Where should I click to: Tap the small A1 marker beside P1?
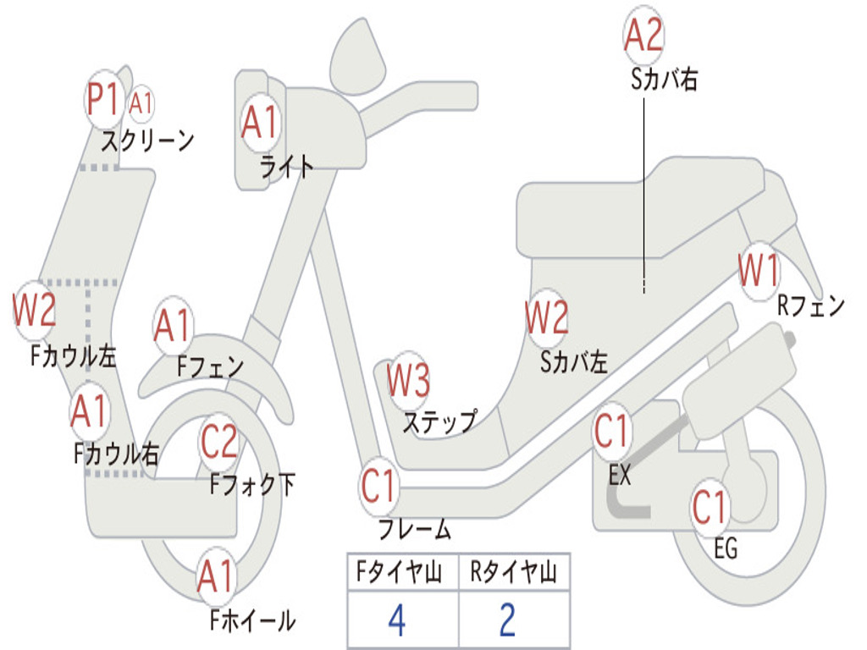tap(141, 103)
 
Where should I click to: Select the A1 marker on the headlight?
tap(260, 122)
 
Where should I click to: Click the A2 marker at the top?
tap(643, 35)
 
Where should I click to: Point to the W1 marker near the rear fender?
tap(759, 270)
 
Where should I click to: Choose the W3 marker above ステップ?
tap(408, 380)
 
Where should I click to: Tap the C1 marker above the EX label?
tap(611, 431)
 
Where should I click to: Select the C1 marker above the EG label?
tap(710, 508)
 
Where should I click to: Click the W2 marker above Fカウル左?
tap(34, 310)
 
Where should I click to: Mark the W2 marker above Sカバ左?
tap(547, 318)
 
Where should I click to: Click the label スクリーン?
tap(147, 141)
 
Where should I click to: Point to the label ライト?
tap(286, 166)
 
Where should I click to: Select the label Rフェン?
tap(811, 305)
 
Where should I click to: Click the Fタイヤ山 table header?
tap(400, 571)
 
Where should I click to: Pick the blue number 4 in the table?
tap(397, 620)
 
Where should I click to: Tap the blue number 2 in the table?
tap(508, 620)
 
